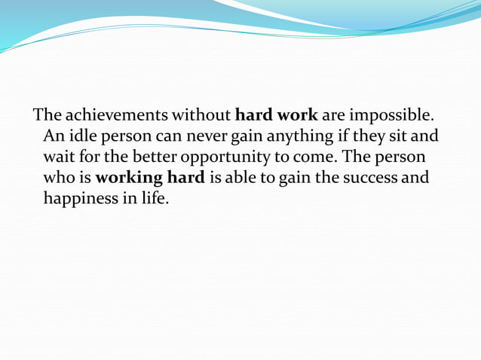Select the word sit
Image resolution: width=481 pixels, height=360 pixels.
(400, 138)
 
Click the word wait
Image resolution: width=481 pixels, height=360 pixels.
(59, 159)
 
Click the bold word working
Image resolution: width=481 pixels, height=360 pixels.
(130, 180)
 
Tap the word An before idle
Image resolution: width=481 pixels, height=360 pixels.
(54, 138)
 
